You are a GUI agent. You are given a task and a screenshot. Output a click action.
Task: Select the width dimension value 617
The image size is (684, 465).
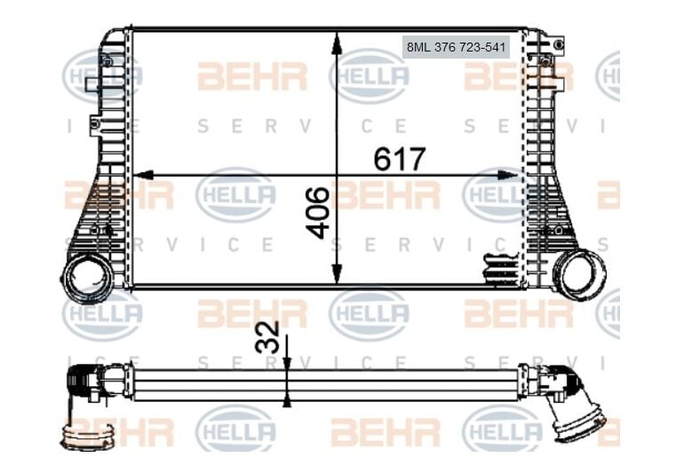point(400,159)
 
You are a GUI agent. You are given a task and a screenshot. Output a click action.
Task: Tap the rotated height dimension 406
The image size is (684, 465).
point(317,212)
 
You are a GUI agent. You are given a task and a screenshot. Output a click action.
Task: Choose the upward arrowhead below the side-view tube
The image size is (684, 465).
point(286,400)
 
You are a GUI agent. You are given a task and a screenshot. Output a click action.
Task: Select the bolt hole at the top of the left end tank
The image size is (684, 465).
point(107,61)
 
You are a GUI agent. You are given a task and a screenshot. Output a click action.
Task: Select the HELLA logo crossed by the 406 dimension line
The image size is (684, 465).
point(368,76)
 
